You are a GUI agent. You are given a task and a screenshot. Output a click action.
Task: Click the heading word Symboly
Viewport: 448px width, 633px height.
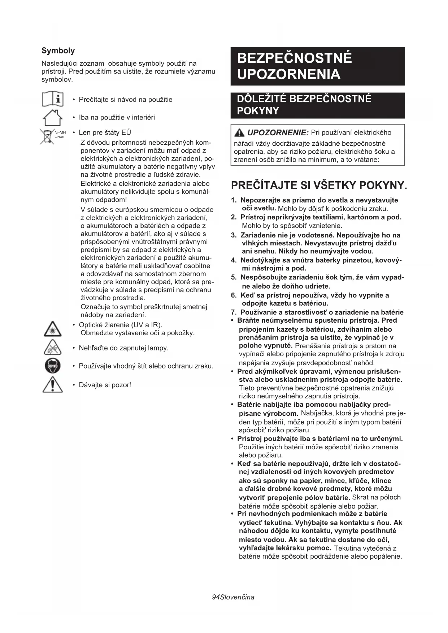click(x=58, y=51)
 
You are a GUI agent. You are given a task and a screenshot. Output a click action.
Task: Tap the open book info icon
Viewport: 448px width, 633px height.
click(x=53, y=99)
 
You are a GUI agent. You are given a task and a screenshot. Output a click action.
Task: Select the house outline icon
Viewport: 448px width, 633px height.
click(x=53, y=118)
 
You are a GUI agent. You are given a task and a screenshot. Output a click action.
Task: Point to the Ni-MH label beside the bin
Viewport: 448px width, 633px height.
click(x=60, y=133)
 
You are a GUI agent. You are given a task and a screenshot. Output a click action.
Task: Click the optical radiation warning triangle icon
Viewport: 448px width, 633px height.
click(x=53, y=328)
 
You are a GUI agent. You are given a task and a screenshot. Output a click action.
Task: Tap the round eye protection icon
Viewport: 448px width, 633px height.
click(x=53, y=366)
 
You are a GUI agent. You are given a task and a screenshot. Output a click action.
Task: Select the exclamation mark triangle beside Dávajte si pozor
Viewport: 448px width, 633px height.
click(x=53, y=384)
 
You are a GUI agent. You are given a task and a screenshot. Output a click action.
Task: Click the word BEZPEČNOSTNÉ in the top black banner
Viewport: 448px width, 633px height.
click(x=294, y=58)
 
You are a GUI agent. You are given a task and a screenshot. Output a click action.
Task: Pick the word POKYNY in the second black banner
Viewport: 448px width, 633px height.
click(x=258, y=111)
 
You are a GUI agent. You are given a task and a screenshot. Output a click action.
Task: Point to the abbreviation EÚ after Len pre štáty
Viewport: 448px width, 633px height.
click(x=126, y=132)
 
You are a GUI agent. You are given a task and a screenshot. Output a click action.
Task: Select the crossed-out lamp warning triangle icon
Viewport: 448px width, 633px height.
click(x=53, y=347)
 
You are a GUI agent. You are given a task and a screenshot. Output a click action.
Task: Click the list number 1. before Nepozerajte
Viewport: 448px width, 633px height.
click(x=234, y=200)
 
